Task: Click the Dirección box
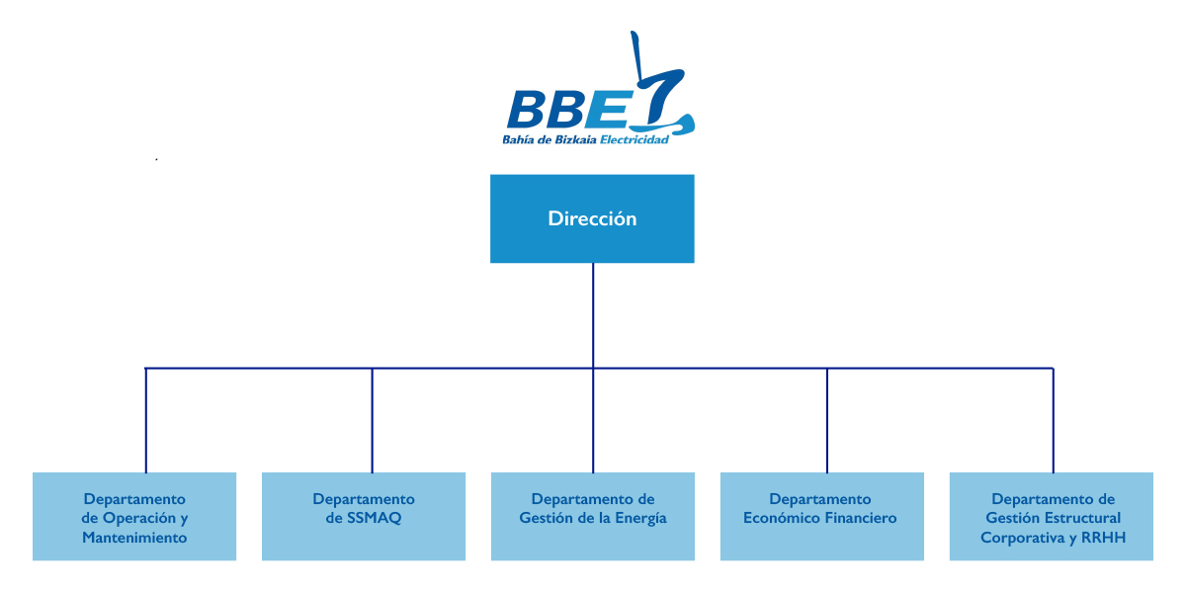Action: coord(592,218)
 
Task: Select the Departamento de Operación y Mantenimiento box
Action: coord(134,516)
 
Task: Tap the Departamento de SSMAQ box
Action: coord(364,516)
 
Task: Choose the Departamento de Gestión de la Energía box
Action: coord(593,516)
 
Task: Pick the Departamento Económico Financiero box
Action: coord(822,516)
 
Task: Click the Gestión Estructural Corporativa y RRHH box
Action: coord(1052,516)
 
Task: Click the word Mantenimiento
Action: coord(134,538)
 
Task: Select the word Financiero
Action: coord(857,518)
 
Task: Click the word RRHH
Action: coord(1103,538)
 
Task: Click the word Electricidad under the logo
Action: coord(636,140)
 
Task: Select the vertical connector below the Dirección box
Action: coord(593,314)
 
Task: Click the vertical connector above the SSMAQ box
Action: coord(373,420)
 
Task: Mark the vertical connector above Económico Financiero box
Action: coord(827,420)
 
